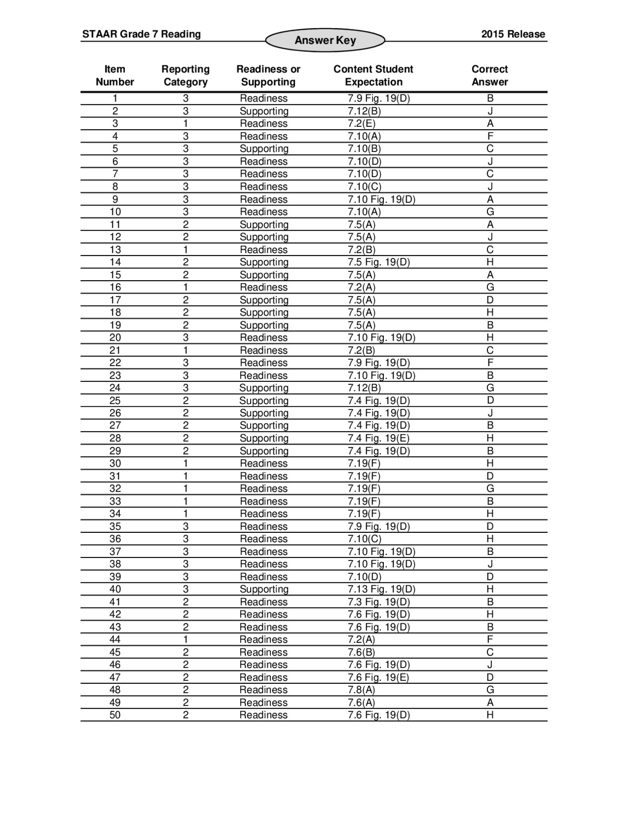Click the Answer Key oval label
pyautogui.click(x=325, y=40)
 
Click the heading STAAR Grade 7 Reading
pyautogui.click(x=142, y=34)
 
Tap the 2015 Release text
pyautogui.click(x=513, y=34)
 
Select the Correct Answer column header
pyautogui.click(x=489, y=76)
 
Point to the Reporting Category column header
pyautogui.click(x=185, y=76)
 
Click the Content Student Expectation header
pyautogui.click(x=373, y=76)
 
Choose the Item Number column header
pyautogui.click(x=114, y=76)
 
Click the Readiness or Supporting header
pyautogui.click(x=268, y=76)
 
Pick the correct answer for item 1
pyautogui.click(x=490, y=98)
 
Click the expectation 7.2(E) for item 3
pyautogui.click(x=361, y=123)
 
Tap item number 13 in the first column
pyautogui.click(x=115, y=250)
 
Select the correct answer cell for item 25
pyautogui.click(x=490, y=401)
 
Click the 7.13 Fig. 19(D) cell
pyautogui.click(x=381, y=589)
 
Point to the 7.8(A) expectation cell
pyautogui.click(x=361, y=690)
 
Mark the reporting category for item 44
pyautogui.click(x=185, y=640)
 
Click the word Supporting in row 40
pyautogui.click(x=264, y=589)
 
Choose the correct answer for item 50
pyautogui.click(x=490, y=715)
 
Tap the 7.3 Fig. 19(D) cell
pyautogui.click(x=378, y=602)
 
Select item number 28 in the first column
pyautogui.click(x=115, y=438)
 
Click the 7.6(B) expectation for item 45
pyautogui.click(x=361, y=652)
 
